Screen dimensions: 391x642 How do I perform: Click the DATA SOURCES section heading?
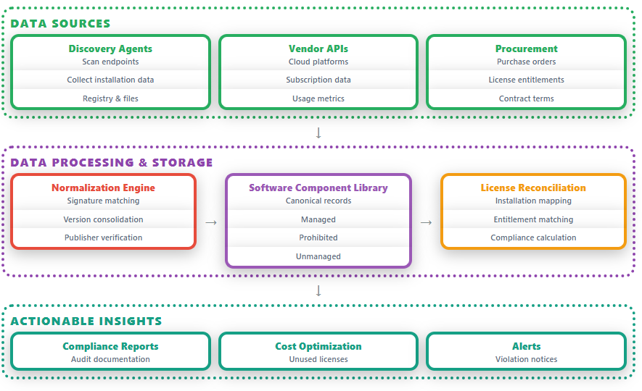pyautogui.click(x=61, y=23)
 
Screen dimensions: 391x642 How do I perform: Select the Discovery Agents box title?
pyautogui.click(x=110, y=49)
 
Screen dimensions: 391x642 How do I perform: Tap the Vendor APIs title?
pyautogui.click(x=318, y=49)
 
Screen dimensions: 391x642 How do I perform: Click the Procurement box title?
pyautogui.click(x=526, y=49)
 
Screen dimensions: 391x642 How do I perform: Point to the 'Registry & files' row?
pyautogui.click(x=110, y=98)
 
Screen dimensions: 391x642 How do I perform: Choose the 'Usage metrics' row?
pyautogui.click(x=318, y=98)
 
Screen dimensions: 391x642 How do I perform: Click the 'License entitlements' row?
pyautogui.click(x=526, y=80)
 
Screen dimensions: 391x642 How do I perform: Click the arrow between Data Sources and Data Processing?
pyautogui.click(x=318, y=133)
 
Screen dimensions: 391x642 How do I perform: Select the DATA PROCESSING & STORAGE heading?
pyautogui.click(x=112, y=162)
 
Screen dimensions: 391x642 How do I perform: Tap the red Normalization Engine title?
pyautogui.click(x=103, y=188)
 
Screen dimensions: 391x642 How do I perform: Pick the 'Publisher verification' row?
pyautogui.click(x=103, y=237)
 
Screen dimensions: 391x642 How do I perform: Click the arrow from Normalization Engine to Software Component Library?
pyautogui.click(x=211, y=222)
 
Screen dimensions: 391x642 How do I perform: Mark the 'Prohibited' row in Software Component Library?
pyautogui.click(x=318, y=237)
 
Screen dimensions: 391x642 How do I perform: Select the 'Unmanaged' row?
pyautogui.click(x=318, y=256)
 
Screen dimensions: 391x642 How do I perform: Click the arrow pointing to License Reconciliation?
pyautogui.click(x=427, y=222)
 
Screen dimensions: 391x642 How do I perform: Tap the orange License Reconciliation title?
pyautogui.click(x=533, y=188)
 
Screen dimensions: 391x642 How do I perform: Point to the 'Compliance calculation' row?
pyautogui.click(x=533, y=237)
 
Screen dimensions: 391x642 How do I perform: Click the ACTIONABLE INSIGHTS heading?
pyautogui.click(x=86, y=321)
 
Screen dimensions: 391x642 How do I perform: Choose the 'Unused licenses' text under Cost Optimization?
pyautogui.click(x=318, y=359)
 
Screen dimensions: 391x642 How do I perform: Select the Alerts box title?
pyautogui.click(x=526, y=346)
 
